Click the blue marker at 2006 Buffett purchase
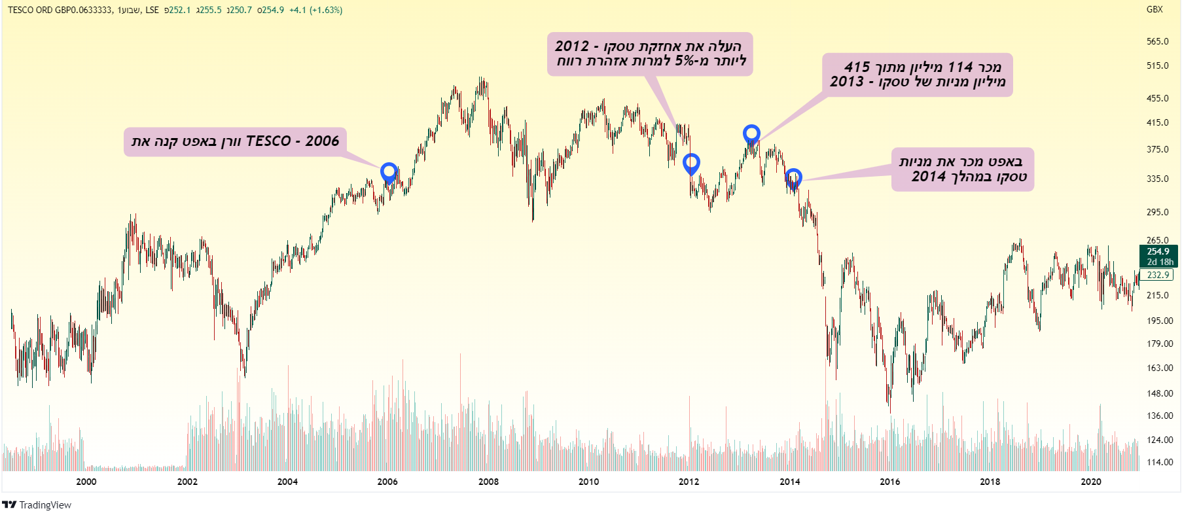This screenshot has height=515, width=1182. coord(389,173)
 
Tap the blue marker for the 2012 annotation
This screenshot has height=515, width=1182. coord(691,163)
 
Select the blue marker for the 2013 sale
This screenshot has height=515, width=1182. coord(751,134)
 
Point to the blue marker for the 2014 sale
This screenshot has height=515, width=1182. coord(793,178)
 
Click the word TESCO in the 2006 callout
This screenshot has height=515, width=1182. coord(268,141)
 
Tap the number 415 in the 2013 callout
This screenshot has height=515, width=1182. coord(857,67)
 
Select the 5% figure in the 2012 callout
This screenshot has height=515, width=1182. coord(685,61)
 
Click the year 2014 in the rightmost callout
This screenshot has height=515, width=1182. coord(929,177)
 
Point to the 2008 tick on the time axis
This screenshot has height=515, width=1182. coord(488,482)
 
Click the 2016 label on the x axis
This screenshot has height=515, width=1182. coord(889,482)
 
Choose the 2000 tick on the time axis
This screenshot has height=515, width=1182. coord(86,482)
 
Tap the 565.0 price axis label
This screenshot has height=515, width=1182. coord(1157,41)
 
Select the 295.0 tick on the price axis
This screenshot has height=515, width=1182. coord(1157,212)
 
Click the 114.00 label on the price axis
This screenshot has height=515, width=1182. coord(1160,462)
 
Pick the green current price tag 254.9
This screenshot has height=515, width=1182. coord(1158,251)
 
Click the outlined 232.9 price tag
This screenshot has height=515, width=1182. coord(1158,275)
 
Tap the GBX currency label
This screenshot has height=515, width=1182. coord(1155,9)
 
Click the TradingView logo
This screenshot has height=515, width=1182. coord(37,505)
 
